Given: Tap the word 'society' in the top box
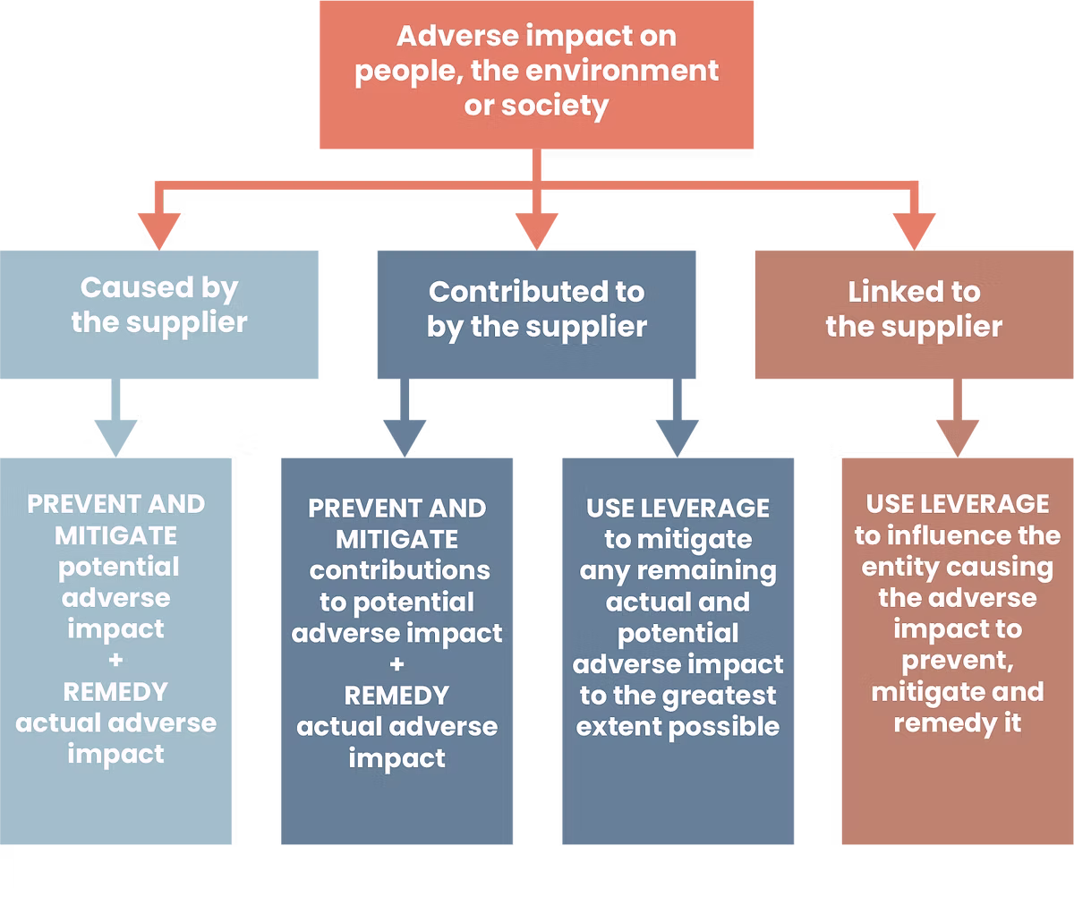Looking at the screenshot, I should click(561, 106).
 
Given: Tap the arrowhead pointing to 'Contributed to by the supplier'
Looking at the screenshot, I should click(536, 227).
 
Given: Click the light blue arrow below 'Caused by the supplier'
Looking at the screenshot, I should click(115, 431).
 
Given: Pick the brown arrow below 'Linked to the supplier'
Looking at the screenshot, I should click(958, 431).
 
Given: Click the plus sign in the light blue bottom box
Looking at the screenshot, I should click(116, 661).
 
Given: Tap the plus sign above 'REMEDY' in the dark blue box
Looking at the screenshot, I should click(397, 664).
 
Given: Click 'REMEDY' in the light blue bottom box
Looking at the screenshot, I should click(115, 692).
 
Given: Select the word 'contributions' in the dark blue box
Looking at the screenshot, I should click(399, 570).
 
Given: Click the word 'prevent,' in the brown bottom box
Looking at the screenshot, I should click(957, 662).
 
